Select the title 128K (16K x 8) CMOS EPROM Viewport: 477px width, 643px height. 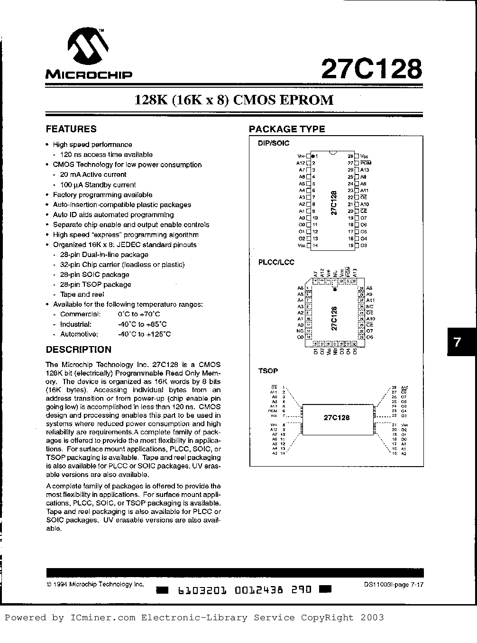234,100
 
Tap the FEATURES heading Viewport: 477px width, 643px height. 71,129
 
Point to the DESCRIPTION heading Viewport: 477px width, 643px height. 79,349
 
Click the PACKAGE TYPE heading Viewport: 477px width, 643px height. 287,129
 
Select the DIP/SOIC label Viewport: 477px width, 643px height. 273,143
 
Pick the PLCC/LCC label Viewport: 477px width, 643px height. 276,262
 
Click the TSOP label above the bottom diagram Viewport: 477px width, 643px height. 268,370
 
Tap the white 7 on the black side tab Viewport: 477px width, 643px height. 457,342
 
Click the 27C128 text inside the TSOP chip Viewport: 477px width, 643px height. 337,418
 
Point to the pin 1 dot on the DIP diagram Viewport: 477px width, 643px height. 313,156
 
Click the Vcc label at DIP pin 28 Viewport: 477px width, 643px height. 364,156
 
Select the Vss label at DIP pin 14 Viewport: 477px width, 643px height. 301,246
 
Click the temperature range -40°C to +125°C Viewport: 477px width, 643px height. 144,334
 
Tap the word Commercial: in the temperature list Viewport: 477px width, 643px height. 80,314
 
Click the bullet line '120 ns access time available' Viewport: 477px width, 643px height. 106,155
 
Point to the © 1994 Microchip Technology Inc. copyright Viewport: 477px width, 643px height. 95,585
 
